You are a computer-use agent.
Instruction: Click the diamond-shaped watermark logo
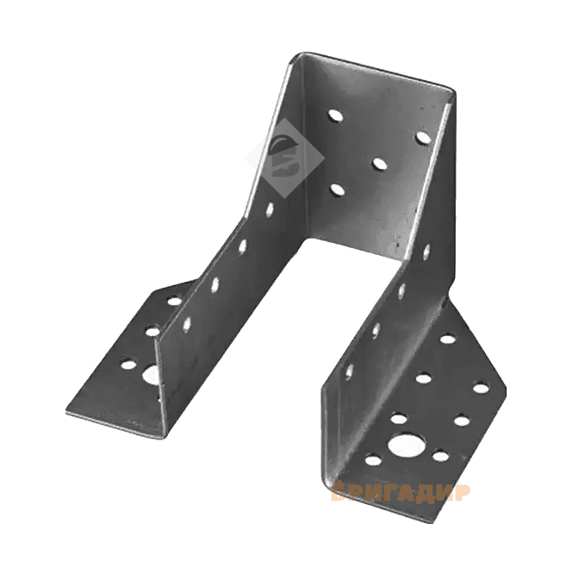[x=285, y=159]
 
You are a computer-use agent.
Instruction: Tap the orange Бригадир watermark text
[x=401, y=492]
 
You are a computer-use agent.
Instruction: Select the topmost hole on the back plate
[x=335, y=115]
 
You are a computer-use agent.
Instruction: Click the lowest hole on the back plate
[x=337, y=190]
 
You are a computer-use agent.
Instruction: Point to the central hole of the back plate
[x=380, y=164]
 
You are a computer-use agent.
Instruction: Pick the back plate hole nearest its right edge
[x=424, y=137]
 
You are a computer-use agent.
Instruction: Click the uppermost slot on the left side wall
[x=270, y=209]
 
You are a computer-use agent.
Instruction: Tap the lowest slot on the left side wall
[x=187, y=324]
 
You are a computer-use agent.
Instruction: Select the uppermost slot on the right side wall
[x=427, y=252]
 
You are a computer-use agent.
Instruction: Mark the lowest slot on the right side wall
[x=349, y=371]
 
